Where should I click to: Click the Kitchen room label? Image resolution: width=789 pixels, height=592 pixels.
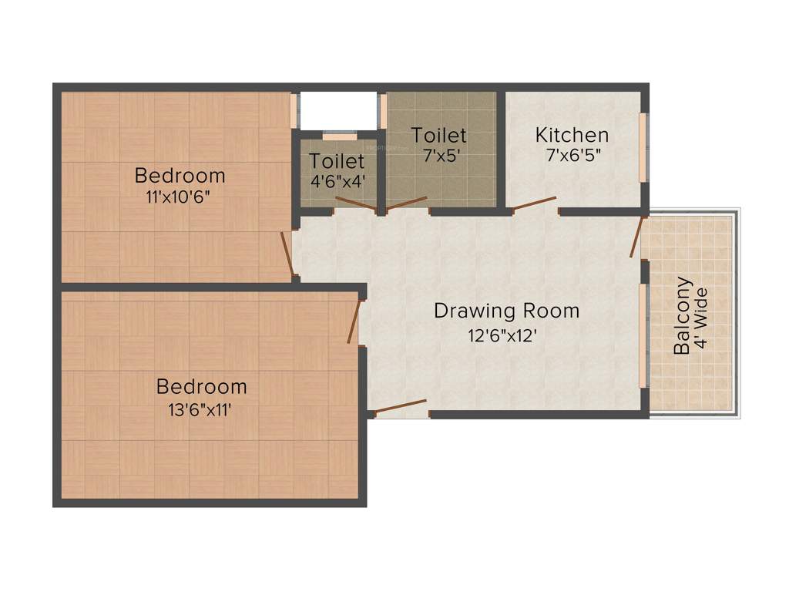(x=572, y=135)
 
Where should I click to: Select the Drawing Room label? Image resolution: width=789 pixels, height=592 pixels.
(x=506, y=311)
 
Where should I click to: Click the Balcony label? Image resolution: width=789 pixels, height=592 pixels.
(x=682, y=315)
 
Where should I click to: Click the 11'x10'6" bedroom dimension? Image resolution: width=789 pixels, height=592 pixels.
(x=178, y=196)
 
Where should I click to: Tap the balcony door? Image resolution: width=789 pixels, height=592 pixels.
(x=636, y=237)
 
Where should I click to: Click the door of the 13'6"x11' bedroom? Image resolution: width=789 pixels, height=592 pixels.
(x=354, y=321)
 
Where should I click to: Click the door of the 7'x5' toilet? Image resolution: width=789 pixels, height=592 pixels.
(x=406, y=203)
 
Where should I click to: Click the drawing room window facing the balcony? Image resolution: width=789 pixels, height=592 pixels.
(x=643, y=335)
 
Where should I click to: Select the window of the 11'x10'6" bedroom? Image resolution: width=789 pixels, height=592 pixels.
(x=294, y=111)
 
